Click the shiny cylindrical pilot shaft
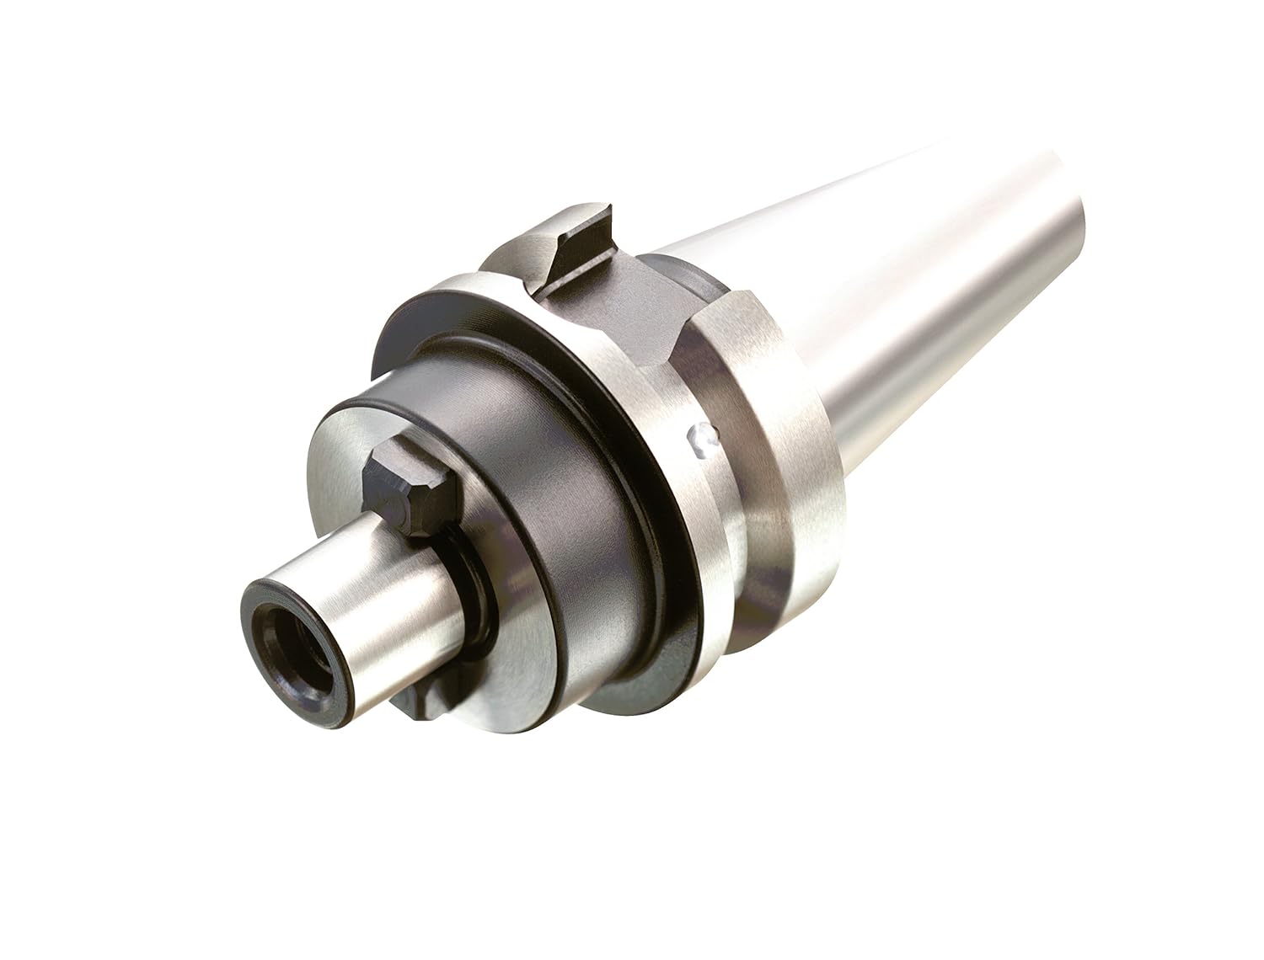(x=371, y=589)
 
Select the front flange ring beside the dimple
(x=674, y=505)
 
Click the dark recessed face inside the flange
(x=404, y=362)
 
